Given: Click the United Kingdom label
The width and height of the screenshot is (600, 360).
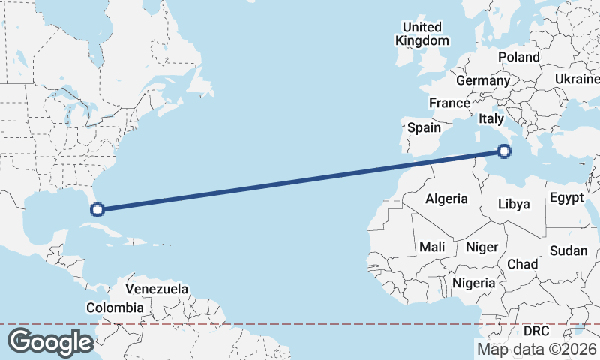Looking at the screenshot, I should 422,34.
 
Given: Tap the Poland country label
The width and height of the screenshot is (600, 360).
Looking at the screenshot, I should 519,57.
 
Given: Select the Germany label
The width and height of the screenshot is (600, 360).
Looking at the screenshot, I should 482,80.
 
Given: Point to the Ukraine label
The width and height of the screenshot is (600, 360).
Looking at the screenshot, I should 577,79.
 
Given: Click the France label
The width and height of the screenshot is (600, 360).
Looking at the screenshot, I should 449,103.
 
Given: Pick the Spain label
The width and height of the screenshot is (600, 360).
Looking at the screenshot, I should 424,127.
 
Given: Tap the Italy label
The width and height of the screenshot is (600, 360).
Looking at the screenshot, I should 491,119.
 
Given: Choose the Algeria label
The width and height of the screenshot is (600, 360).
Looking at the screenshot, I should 446,199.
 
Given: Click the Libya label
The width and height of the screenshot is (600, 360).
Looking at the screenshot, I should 514,204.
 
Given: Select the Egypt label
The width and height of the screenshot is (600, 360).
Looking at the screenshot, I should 566,199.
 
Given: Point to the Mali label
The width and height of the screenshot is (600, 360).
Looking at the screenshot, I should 432,247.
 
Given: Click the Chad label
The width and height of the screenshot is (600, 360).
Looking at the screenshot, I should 522,264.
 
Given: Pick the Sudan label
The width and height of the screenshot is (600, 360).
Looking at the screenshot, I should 568,250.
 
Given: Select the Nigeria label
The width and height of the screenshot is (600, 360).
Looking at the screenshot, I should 474,283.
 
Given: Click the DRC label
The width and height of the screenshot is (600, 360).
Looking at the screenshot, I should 536,331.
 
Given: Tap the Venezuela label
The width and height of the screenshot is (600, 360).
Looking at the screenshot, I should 157,289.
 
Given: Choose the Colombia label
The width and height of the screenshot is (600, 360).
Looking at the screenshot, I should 115,307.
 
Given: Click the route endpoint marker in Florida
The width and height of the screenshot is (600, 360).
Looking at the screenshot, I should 97,209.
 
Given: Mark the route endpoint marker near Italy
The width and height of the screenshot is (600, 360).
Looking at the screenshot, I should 504,151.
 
